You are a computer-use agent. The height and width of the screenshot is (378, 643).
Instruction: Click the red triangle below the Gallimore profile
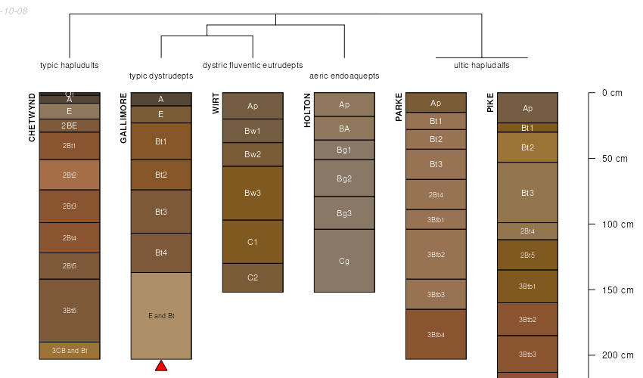[x=161, y=366]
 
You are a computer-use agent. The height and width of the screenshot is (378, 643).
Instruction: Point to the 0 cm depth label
[x=612, y=93]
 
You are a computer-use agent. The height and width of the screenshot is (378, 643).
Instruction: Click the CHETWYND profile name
[x=32, y=117]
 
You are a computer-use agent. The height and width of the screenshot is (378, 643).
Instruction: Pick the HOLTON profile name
[x=307, y=110]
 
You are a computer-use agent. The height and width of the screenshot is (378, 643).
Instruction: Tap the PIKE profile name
[x=490, y=103]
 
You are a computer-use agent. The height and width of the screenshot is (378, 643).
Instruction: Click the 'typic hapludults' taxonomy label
[x=70, y=65]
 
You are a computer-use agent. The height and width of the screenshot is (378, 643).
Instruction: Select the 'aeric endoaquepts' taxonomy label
[x=344, y=76]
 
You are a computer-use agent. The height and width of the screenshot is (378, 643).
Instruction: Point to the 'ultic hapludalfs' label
[x=482, y=65]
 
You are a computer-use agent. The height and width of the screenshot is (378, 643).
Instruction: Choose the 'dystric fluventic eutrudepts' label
[x=253, y=65]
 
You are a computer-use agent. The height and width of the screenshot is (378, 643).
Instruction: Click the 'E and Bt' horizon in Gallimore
[x=161, y=315]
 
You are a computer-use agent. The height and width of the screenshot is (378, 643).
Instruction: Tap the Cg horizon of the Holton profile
[x=344, y=261]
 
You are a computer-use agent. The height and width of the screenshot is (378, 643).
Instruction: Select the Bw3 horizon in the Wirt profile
[x=253, y=193]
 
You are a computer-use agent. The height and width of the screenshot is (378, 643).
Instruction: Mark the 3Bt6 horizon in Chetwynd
[x=70, y=310]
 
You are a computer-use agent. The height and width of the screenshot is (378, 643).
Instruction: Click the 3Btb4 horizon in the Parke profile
[x=436, y=334]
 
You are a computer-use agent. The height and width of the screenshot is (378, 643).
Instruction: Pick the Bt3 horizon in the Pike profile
[x=527, y=193]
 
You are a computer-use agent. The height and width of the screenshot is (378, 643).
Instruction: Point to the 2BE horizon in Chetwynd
[x=70, y=125]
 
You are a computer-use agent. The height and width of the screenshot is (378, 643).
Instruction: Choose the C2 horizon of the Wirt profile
[x=253, y=277]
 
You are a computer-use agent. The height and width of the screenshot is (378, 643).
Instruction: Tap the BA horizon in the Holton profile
[x=344, y=128]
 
